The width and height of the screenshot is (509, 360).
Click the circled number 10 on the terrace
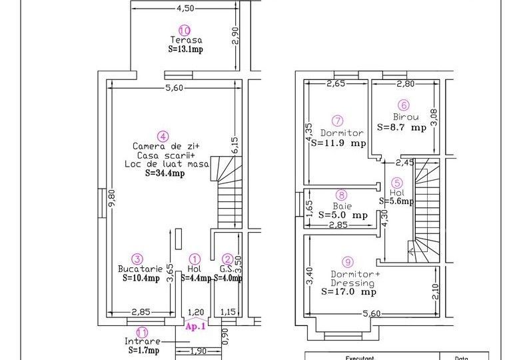185,29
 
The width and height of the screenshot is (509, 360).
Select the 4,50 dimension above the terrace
185,8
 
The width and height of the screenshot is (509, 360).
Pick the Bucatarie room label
137,269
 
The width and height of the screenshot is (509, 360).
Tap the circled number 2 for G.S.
227,259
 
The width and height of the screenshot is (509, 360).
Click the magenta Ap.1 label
195,327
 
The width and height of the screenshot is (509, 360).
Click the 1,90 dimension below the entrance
198,352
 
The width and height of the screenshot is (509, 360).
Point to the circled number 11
141,332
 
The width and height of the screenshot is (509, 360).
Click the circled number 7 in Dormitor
338,121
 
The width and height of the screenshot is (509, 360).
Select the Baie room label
342,206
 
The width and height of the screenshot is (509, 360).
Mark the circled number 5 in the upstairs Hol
397,182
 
